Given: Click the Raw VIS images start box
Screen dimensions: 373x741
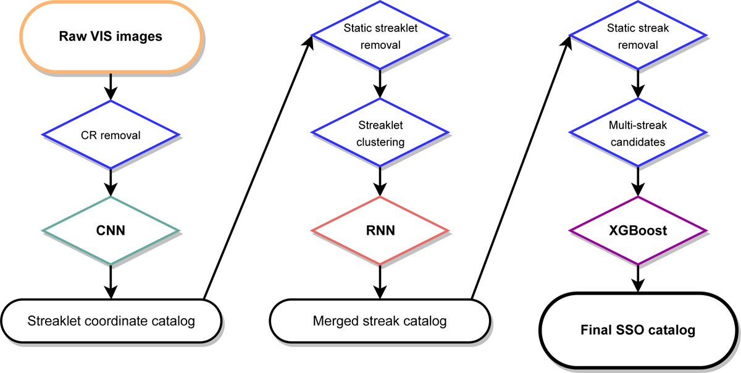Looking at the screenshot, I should [111, 36].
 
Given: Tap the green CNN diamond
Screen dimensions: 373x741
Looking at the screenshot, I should [111, 231].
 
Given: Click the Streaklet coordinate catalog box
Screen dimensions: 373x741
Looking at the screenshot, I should [111, 321].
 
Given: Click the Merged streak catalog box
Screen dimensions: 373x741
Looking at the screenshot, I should [380, 321].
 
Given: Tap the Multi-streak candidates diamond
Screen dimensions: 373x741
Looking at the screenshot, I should [636, 133].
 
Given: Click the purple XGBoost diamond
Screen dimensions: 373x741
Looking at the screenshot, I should [636, 231].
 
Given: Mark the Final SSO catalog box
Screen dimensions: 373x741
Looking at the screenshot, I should [638, 330].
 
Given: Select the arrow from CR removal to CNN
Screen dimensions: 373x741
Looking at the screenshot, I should [111, 182].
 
